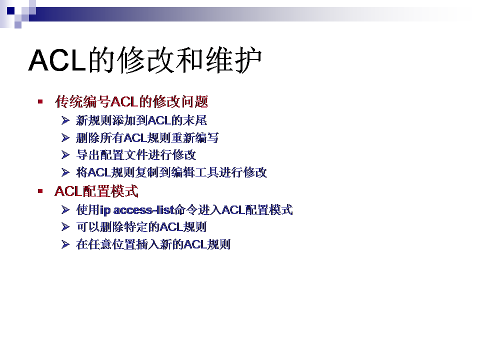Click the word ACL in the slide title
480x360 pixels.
tap(57, 60)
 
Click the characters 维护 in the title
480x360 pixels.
tap(233, 60)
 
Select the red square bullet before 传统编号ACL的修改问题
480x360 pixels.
tap(40, 101)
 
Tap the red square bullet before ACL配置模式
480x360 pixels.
tap(40, 191)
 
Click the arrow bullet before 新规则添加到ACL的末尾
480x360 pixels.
tap(65, 120)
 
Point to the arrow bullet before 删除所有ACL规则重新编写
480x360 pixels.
tap(65, 138)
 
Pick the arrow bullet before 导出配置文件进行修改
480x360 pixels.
tap(65, 155)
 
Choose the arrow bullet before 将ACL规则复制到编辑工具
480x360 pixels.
tap(65, 172)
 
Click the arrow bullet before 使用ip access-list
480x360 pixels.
tap(65, 209)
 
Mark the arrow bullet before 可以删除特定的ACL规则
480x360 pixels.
tap(65, 227)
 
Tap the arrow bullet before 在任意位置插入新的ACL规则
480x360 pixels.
tap(65, 244)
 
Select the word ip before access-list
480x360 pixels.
tap(105, 210)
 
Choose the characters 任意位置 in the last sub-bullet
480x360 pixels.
tap(112, 244)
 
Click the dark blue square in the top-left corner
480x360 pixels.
tap(10, 10)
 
